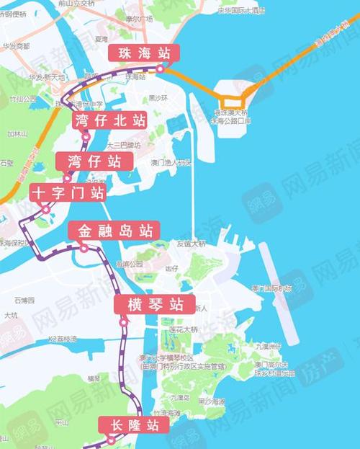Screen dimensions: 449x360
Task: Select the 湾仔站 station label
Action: click(94, 161)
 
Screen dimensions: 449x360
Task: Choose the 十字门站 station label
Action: click(68, 192)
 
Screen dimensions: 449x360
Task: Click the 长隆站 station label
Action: click(135, 424)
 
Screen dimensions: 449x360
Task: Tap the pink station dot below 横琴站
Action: click(123, 322)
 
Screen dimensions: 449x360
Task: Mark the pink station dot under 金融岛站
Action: click(84, 248)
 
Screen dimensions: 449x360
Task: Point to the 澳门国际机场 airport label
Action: click(271, 288)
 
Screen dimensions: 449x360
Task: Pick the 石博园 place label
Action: click(24, 299)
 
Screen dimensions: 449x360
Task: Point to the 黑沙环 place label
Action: click(158, 97)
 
